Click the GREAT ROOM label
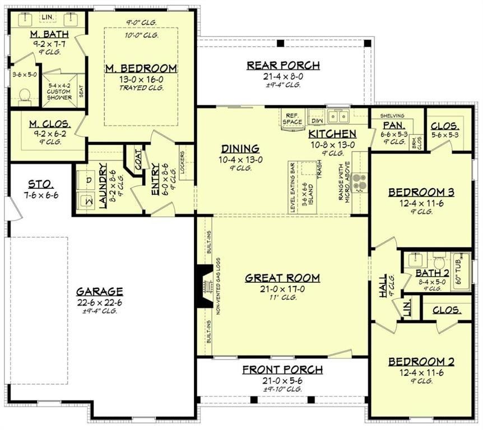(x=282, y=278)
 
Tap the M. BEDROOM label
(x=141, y=68)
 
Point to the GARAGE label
(x=100, y=291)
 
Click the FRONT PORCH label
(x=282, y=370)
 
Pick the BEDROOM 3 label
(x=421, y=193)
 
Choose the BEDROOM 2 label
(x=421, y=362)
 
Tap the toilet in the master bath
(x=25, y=96)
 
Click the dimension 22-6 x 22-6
(x=100, y=302)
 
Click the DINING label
(x=240, y=148)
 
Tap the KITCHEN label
(x=332, y=134)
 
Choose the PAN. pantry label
(x=390, y=125)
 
